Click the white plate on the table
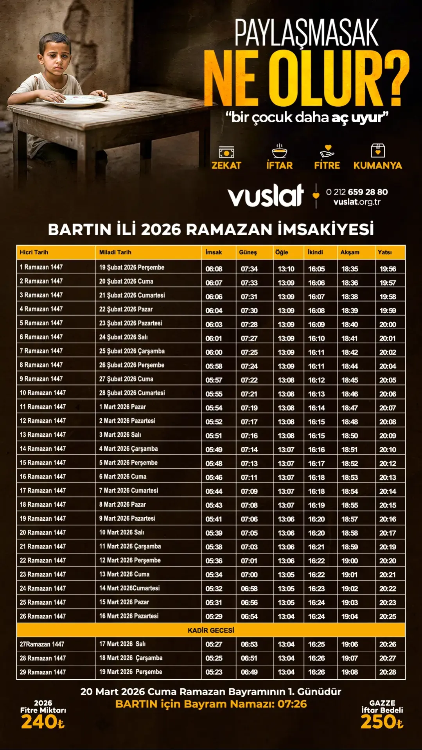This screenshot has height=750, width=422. (x=74, y=100)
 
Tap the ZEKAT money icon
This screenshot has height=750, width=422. (x=226, y=152)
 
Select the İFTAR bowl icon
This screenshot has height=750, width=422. (x=279, y=151)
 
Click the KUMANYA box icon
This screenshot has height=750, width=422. (x=377, y=150)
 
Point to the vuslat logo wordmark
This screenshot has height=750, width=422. (x=266, y=195)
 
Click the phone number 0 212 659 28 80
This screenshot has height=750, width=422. (x=357, y=192)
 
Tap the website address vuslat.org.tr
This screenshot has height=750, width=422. (x=357, y=202)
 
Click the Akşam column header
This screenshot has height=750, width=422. (x=350, y=252)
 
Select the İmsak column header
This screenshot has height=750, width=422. (x=214, y=252)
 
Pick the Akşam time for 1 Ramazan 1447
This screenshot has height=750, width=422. (x=350, y=269)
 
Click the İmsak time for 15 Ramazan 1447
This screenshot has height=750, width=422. (x=214, y=464)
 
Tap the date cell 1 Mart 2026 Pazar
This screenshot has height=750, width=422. (x=122, y=407)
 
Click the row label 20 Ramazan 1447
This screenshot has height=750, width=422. (x=43, y=532)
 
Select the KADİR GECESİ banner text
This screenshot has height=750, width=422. (x=211, y=630)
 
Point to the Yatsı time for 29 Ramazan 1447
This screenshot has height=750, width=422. (x=388, y=672)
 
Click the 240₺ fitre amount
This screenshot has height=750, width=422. (x=43, y=722)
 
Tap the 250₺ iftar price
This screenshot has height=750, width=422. (x=382, y=722)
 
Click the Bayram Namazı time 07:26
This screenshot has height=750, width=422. (x=292, y=704)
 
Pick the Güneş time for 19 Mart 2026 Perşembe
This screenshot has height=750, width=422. (x=249, y=672)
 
